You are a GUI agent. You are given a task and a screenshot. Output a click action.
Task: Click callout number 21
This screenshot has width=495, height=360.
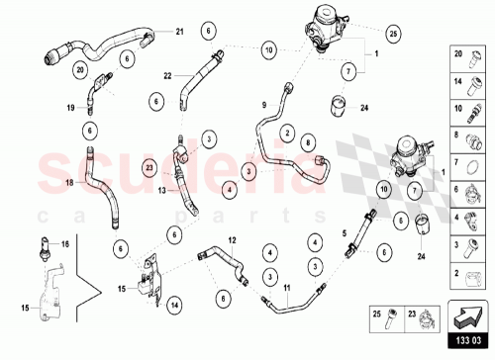tap(180, 33)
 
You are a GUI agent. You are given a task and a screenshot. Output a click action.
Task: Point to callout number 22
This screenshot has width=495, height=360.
tap(168, 75)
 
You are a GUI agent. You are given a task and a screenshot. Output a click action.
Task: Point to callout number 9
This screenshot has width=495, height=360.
tap(264, 104)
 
